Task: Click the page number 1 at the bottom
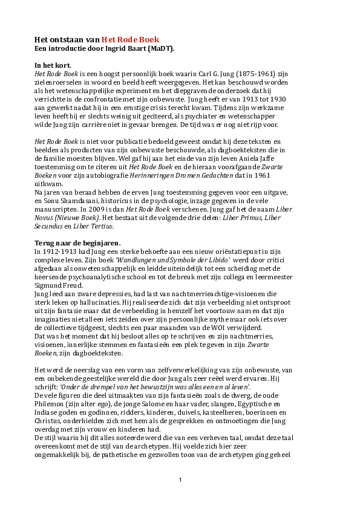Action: pyautogui.click(x=180, y=480)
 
